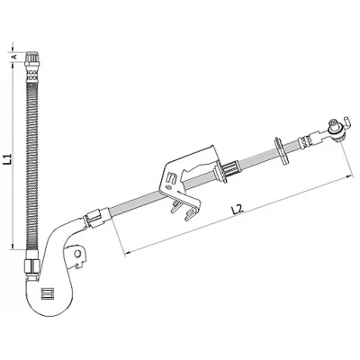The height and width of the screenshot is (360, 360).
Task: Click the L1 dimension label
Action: pyautogui.click(x=8, y=158)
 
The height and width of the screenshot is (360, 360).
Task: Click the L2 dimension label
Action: pyautogui.click(x=238, y=210)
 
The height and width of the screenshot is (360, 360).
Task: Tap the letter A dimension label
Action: pyautogui.click(x=13, y=57)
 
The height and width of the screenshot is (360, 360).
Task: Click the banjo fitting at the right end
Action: pyautogui.click(x=336, y=129)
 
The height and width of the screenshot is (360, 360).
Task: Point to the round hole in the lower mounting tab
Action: pyautogui.click(x=77, y=254)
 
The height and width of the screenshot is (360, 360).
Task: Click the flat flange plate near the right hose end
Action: pyautogui.click(x=281, y=151)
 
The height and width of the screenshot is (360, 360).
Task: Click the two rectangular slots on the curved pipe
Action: pyautogui.click(x=47, y=293)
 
